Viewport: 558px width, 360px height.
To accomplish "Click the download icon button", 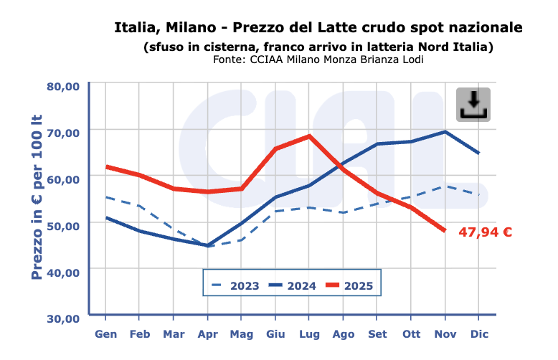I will point(473,105).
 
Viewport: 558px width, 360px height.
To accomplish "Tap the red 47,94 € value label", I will point(486,232).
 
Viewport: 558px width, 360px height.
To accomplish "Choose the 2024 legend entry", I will point(293,285).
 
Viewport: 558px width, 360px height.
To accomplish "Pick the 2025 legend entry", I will point(349,285).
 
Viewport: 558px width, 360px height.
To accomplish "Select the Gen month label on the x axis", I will point(106,334).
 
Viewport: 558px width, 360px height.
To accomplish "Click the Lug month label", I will point(309,334).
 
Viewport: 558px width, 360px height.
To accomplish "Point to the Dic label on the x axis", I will point(479,334).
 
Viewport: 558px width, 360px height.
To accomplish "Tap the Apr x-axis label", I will point(208,334).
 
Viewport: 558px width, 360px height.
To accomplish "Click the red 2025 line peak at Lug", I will point(309,136).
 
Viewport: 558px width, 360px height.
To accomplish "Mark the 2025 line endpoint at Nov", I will point(445,230).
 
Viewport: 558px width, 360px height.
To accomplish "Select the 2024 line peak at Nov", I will point(445,131).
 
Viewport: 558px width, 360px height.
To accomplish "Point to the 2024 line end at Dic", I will point(478,153).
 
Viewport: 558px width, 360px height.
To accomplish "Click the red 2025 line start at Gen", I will point(106,166).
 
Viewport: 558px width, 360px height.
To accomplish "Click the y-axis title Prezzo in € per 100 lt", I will point(37,196).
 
